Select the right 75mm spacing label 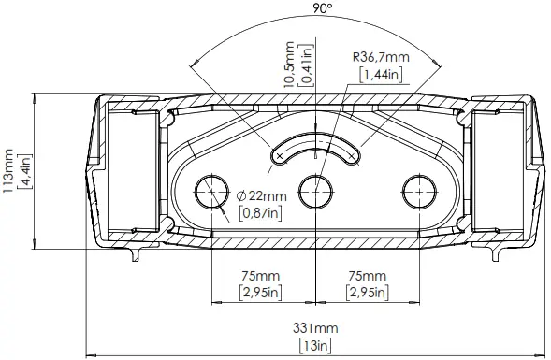pos(365,276)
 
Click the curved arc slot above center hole pos(316,150)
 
